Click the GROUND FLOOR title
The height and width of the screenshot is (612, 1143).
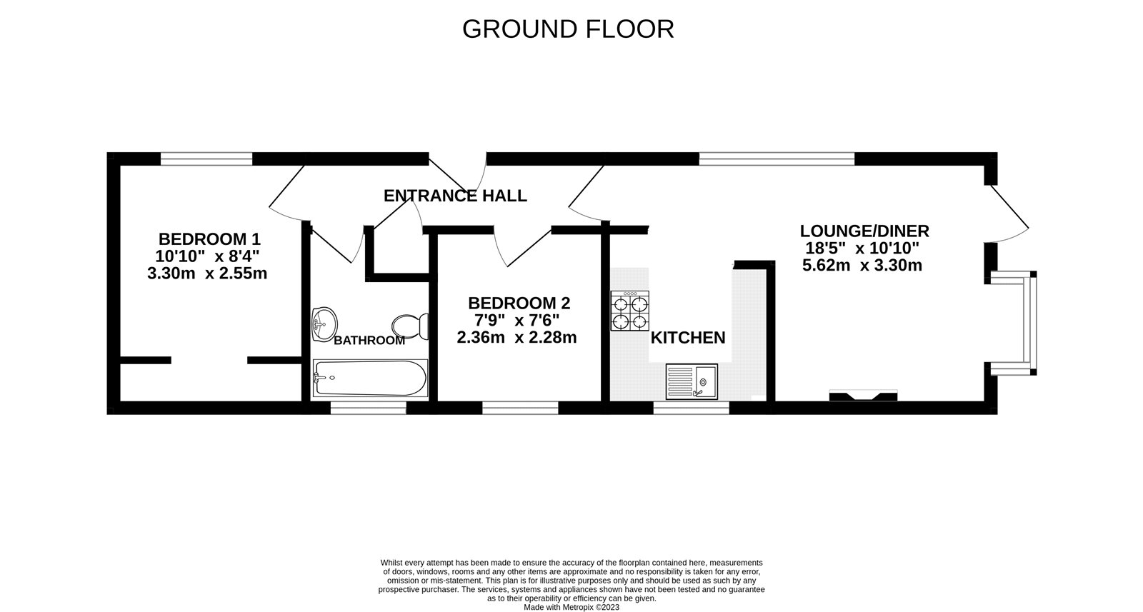click(568, 29)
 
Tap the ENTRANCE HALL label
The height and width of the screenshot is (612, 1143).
click(455, 196)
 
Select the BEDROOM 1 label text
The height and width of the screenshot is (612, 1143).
click(210, 239)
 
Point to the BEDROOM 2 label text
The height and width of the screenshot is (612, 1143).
click(519, 304)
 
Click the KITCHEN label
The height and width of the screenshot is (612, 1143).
click(688, 338)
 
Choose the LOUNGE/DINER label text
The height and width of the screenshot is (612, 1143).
click(864, 231)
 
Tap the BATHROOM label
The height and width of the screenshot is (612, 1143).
click(369, 341)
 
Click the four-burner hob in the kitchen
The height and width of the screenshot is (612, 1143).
click(630, 311)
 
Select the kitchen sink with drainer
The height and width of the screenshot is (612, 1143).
click(692, 381)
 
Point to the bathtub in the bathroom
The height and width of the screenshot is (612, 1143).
click(370, 378)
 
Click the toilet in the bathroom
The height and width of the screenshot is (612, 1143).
click(410, 326)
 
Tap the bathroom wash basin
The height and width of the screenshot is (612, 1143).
click(324, 324)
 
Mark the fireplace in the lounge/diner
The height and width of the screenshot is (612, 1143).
click(864, 395)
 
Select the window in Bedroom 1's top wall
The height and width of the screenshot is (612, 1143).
click(206, 159)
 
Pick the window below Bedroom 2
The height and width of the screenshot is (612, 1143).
click(521, 408)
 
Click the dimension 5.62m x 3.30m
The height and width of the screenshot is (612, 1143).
click(862, 266)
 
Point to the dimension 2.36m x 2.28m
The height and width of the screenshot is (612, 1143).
click(517, 338)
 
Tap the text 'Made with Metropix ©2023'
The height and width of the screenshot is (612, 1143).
click(571, 608)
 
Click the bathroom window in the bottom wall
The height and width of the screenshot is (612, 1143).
click(369, 408)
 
